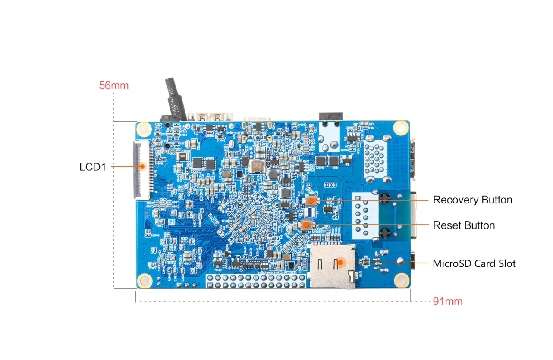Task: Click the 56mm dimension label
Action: point(114,85)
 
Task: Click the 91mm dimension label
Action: point(448,301)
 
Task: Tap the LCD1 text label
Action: point(92,167)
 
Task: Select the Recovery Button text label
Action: point(472,200)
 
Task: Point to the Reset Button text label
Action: point(464,225)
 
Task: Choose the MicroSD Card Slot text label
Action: point(474,263)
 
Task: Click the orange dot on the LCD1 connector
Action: point(141,166)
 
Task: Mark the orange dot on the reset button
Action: point(306,224)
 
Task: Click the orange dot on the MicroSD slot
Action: point(340,262)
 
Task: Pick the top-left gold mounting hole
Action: point(145,128)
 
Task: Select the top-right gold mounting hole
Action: point(401,127)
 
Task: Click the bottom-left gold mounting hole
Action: point(145,281)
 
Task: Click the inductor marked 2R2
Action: point(258,165)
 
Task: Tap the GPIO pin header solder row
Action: point(257,282)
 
